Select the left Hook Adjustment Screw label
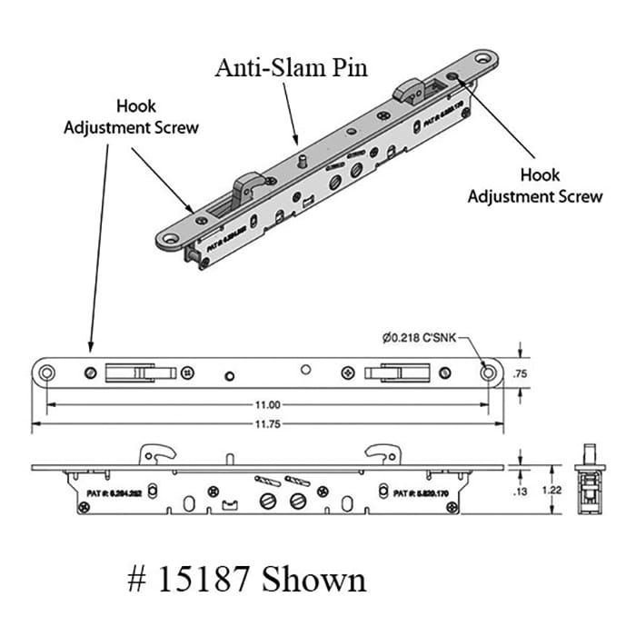pyautogui.click(x=131, y=117)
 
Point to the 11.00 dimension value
pyautogui.click(x=267, y=405)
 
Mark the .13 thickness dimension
pyautogui.click(x=521, y=492)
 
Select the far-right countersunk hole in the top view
pyautogui.click(x=489, y=372)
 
